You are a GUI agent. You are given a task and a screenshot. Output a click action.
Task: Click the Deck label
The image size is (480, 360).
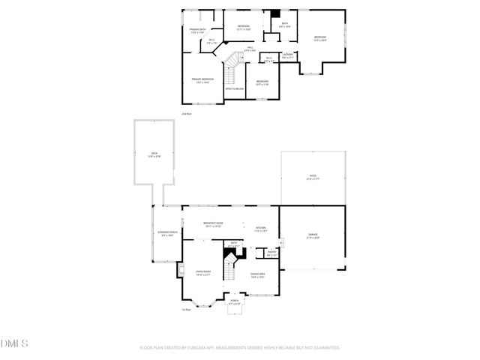point(154,154)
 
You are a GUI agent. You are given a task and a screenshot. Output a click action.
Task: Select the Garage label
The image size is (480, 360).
point(313,236)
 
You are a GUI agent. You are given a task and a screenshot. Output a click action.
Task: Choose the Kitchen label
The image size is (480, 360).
point(260,229)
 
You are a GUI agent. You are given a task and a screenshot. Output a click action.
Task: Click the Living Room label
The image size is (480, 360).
point(202,273)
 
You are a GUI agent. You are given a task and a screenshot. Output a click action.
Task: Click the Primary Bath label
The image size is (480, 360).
point(197,31)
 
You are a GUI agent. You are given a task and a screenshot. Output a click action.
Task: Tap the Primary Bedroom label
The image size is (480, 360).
point(202,80)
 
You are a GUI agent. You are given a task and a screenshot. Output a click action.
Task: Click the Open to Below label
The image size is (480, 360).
point(235,89)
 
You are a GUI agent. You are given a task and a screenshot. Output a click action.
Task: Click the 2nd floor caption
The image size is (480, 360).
point(186,113)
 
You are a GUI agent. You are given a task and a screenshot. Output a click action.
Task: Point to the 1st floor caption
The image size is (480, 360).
point(186,309)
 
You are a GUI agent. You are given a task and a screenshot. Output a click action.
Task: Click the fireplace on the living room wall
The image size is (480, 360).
point(180,269)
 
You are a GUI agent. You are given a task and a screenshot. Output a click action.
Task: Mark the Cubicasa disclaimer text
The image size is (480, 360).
point(240,348)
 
